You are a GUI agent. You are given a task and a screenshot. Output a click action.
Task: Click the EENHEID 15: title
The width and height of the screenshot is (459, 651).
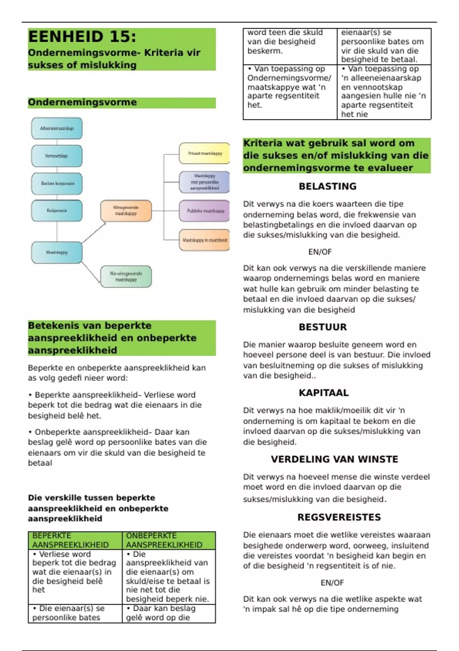click(x=82, y=37)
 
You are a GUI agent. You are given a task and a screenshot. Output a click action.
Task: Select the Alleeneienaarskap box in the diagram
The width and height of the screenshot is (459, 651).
click(x=57, y=129)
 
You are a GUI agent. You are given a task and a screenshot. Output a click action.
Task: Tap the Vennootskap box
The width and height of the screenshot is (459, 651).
click(x=57, y=156)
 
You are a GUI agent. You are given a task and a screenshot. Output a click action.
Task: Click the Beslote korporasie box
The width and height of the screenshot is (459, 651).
click(x=57, y=183)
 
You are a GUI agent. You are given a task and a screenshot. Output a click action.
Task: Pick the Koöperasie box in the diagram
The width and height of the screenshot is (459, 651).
click(x=57, y=211)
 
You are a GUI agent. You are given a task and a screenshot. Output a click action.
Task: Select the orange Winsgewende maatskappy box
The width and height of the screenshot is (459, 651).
click(x=126, y=211)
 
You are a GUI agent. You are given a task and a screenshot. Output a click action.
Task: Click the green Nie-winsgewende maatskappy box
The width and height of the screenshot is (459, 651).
click(x=126, y=276)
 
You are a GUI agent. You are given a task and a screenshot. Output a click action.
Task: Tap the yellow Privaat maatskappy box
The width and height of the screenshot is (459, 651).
click(x=205, y=154)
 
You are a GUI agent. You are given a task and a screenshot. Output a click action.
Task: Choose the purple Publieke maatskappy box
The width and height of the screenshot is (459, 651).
click(x=205, y=211)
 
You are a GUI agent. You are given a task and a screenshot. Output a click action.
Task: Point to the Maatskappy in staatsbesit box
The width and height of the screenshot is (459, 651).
click(x=205, y=240)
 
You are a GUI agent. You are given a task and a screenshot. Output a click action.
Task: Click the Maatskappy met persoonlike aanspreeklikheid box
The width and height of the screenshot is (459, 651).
click(x=205, y=182)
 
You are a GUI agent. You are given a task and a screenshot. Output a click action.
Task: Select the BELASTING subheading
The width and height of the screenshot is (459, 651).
click(x=327, y=186)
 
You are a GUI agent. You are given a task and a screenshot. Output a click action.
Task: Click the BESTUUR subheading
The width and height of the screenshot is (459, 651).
click(x=323, y=327)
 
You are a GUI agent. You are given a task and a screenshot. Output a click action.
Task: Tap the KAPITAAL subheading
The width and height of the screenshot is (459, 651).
click(x=324, y=393)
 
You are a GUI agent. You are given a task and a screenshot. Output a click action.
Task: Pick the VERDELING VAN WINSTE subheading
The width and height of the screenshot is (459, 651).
click(x=334, y=459)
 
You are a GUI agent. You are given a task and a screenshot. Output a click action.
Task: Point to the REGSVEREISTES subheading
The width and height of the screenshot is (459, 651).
click(x=339, y=517)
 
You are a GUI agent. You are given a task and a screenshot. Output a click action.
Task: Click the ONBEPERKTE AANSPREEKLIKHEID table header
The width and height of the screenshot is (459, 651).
click(x=168, y=540)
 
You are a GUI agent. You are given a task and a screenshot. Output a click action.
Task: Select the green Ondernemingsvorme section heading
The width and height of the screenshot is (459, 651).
click(x=82, y=102)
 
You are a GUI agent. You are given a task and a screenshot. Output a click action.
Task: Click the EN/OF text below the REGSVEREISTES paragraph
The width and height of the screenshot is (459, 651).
click(x=332, y=583)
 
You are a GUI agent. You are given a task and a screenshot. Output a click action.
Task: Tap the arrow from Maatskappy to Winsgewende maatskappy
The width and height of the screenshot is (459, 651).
click(x=94, y=233)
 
